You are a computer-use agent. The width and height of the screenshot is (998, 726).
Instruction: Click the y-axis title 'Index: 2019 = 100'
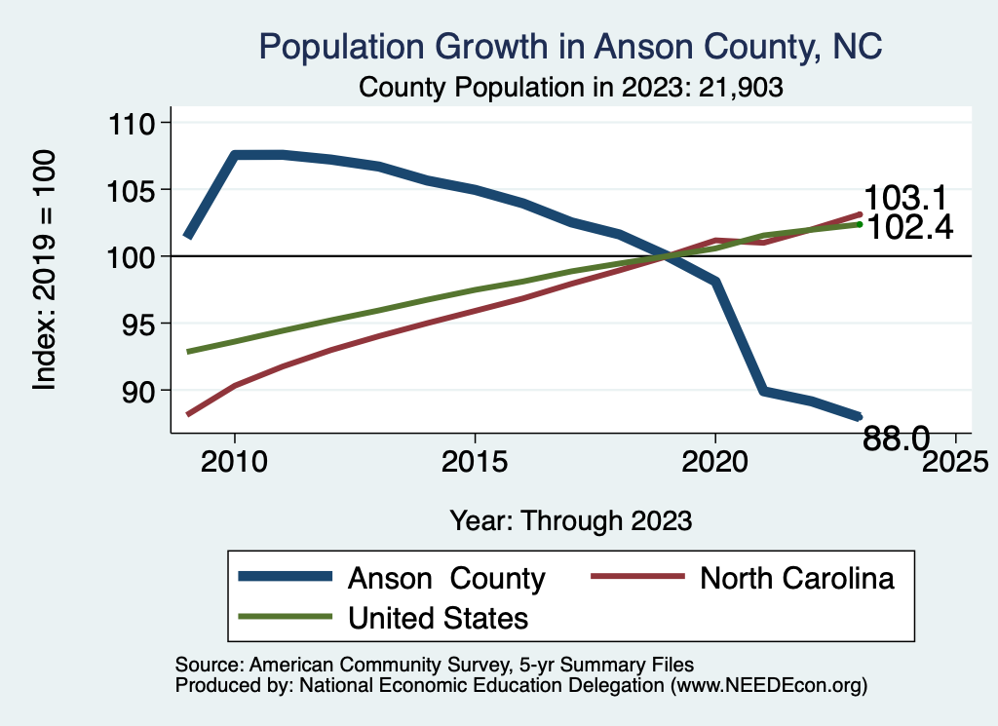(45, 270)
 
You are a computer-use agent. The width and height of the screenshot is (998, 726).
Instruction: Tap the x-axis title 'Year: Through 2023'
(571, 520)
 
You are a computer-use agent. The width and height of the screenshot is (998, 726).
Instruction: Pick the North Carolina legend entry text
(797, 578)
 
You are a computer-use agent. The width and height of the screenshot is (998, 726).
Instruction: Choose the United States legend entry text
(438, 617)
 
